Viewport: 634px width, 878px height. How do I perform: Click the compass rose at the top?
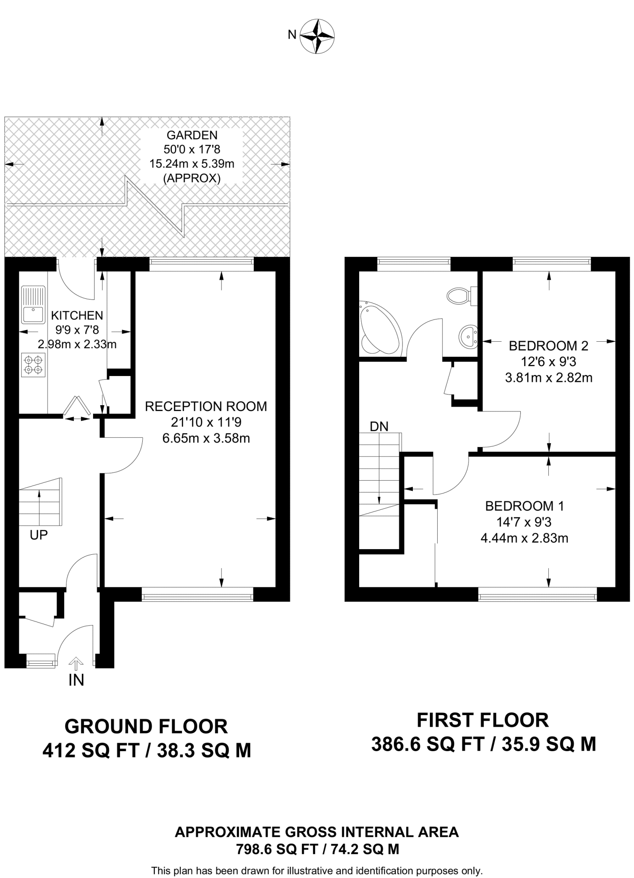click(x=317, y=36)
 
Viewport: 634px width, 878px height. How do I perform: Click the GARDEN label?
click(x=192, y=135)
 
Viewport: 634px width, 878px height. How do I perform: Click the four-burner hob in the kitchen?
click(x=33, y=364)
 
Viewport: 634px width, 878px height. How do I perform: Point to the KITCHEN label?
click(x=77, y=316)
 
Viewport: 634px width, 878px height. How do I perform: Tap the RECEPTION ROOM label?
click(x=206, y=406)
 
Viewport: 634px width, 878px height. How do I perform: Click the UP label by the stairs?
click(x=39, y=535)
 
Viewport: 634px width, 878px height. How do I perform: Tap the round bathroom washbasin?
click(x=468, y=337)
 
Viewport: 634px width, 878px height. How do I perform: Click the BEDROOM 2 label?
click(x=548, y=346)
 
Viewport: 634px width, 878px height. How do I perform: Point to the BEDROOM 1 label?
click(x=525, y=506)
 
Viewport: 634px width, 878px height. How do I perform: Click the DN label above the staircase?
click(x=379, y=427)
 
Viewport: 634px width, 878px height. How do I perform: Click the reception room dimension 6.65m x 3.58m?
click(x=206, y=439)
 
